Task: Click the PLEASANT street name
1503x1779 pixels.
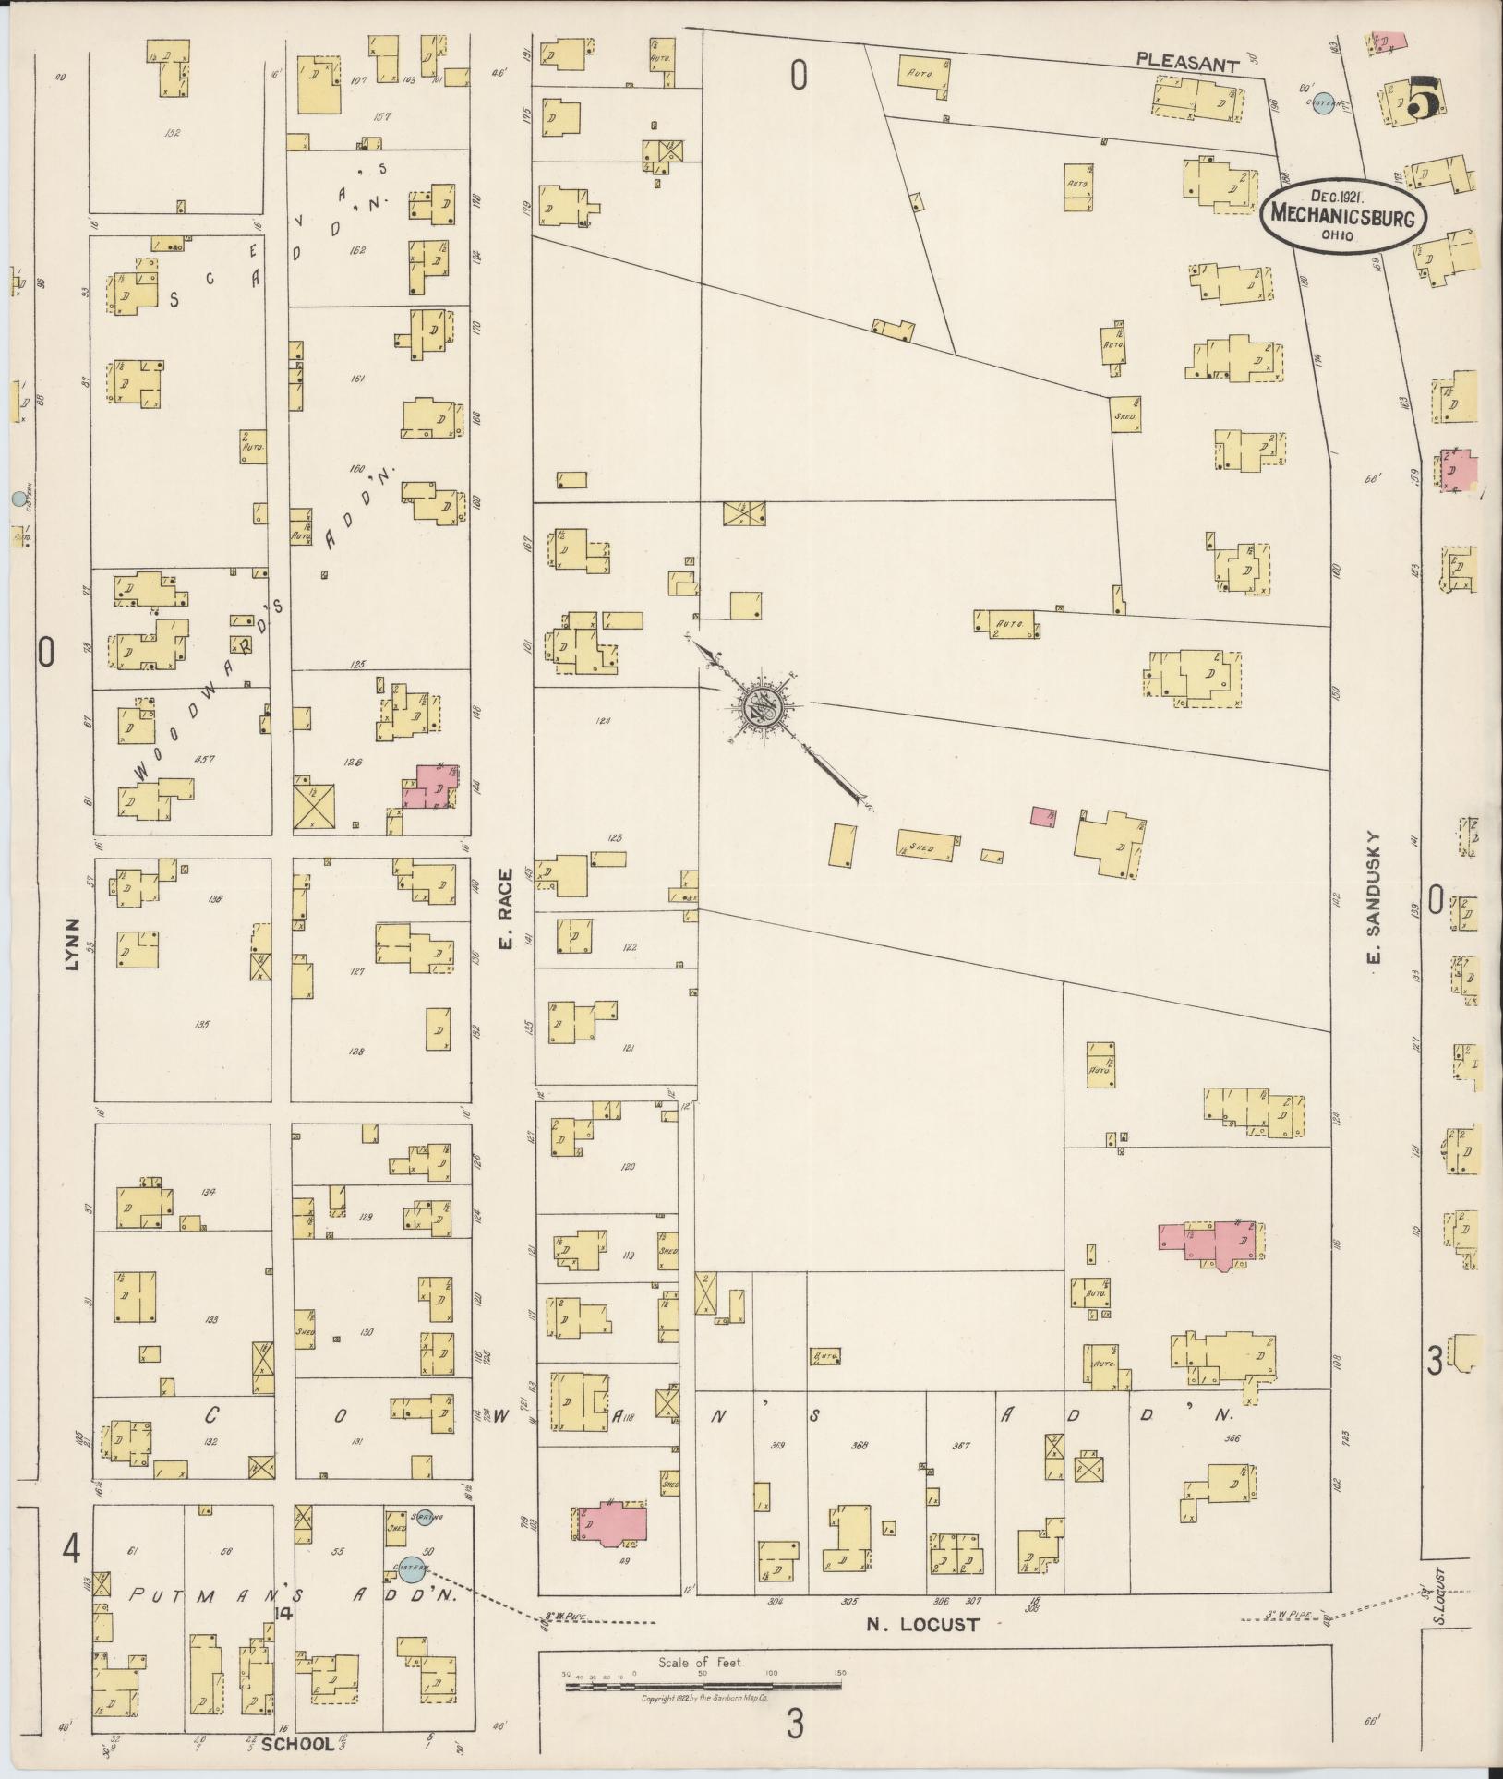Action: [x=1186, y=64]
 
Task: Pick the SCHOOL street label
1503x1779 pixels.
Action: [x=296, y=1744]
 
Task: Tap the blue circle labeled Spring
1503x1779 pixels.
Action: [x=425, y=1517]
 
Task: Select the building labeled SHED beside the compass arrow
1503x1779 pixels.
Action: [x=925, y=845]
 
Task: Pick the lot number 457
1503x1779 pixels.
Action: [x=206, y=759]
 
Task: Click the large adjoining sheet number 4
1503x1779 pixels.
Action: [x=70, y=1550]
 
